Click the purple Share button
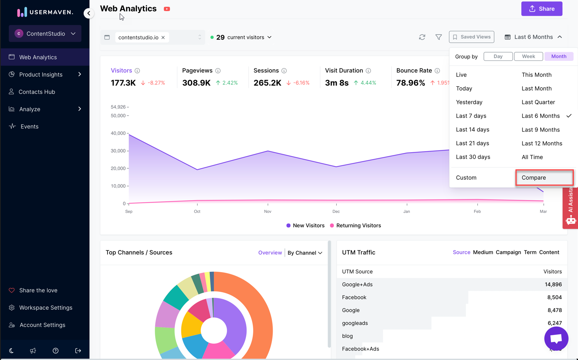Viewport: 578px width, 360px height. tap(541, 9)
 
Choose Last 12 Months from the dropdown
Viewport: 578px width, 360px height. tap(541, 143)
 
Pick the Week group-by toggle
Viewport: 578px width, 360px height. tap(528, 56)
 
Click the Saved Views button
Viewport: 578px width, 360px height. tap(471, 37)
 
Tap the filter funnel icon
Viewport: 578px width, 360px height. tap(438, 37)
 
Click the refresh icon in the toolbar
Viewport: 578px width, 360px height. tap(422, 37)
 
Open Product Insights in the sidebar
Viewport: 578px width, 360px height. tap(41, 75)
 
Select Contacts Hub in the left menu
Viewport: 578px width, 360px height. tap(37, 92)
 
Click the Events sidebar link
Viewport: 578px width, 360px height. tap(29, 126)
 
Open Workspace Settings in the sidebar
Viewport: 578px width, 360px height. tap(45, 307)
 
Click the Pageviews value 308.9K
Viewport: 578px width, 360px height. tap(196, 83)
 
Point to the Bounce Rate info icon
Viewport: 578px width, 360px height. tap(437, 71)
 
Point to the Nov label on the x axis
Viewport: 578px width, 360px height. tap(268, 212)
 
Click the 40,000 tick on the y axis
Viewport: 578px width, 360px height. tap(118, 133)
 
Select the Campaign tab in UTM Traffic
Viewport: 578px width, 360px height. tap(508, 252)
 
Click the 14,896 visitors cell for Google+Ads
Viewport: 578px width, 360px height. tap(553, 284)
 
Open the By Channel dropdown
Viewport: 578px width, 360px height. tap(305, 253)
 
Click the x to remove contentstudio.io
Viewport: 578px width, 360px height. tap(163, 37)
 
